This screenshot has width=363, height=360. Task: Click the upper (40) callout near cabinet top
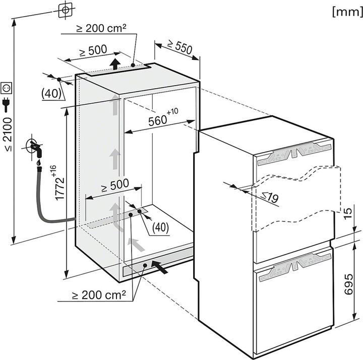(x=51, y=93)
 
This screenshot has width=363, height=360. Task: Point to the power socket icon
(x=7, y=88)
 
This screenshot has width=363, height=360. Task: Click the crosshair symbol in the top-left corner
(x=65, y=10)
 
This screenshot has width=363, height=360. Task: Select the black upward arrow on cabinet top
(x=116, y=64)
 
